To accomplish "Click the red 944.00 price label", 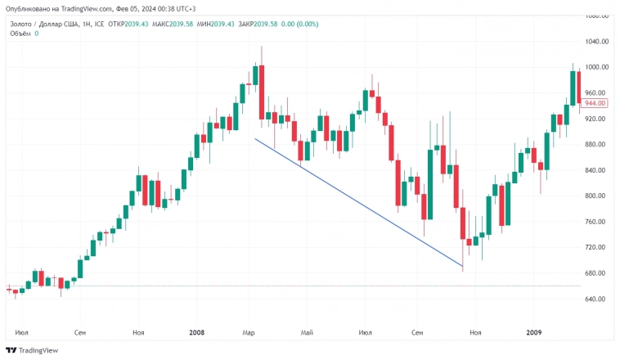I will (595, 103).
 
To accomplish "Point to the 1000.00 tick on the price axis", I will (595, 67).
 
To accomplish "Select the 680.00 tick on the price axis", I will (595, 273).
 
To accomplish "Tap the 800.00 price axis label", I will (595, 196).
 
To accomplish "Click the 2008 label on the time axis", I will (196, 333).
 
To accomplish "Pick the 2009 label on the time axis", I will (533, 333).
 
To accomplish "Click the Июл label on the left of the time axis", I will (22, 333).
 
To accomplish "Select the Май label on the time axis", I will (308, 333).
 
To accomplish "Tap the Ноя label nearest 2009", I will (475, 333).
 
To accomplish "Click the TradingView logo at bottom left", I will (33, 350).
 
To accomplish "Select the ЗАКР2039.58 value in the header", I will (255, 24).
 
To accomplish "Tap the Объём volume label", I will (19, 34).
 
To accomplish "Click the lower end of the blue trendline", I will (463, 266).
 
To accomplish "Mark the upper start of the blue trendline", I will (255, 139).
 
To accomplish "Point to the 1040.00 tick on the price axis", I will (595, 42).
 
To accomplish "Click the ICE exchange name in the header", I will (100, 24).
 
